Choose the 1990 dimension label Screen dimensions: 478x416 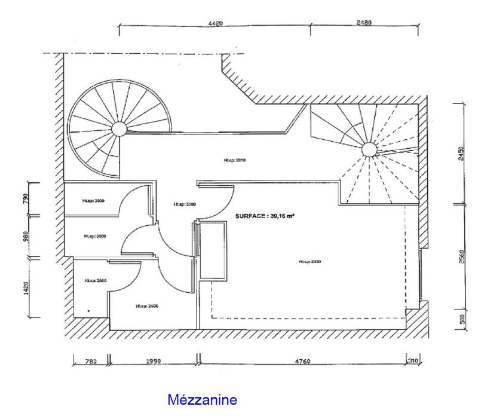[x=154, y=361]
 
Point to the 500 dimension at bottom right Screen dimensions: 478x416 [x=460, y=319]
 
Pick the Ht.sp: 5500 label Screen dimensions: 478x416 [x=184, y=204]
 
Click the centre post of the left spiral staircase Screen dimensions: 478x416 [x=118, y=129]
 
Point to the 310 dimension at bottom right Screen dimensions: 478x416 [x=413, y=361]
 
